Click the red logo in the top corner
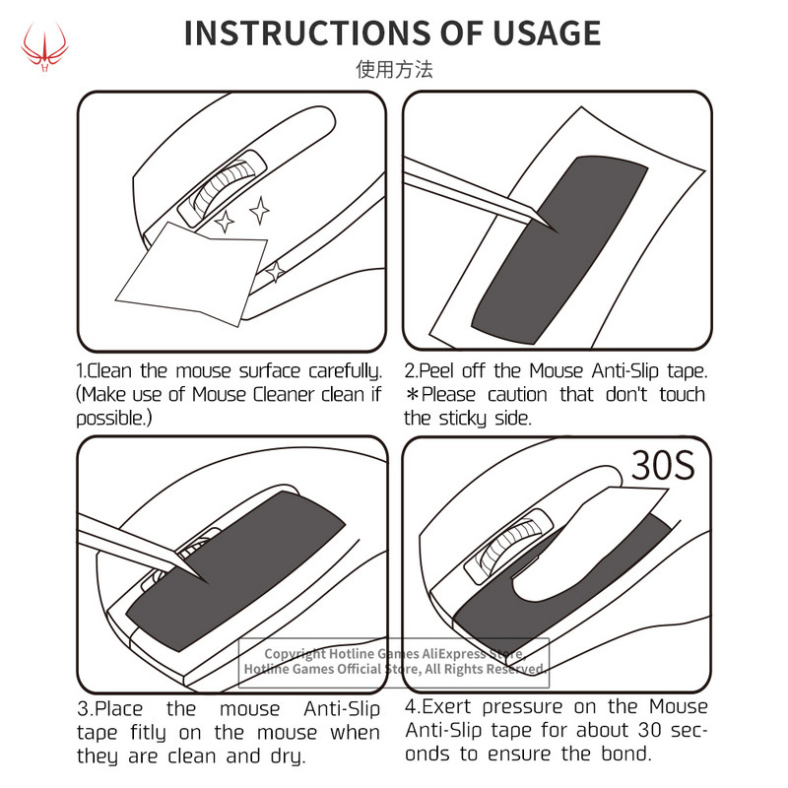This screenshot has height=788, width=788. pyautogui.click(x=43, y=45)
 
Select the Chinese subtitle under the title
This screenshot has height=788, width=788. pyautogui.click(x=393, y=70)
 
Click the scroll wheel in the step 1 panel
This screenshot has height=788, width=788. pyautogui.click(x=223, y=188)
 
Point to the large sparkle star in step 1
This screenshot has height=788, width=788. pyautogui.click(x=260, y=209)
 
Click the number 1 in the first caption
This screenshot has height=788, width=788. pyautogui.click(x=81, y=372)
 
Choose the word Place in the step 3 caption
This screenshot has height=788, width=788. pyautogui.click(x=122, y=708)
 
